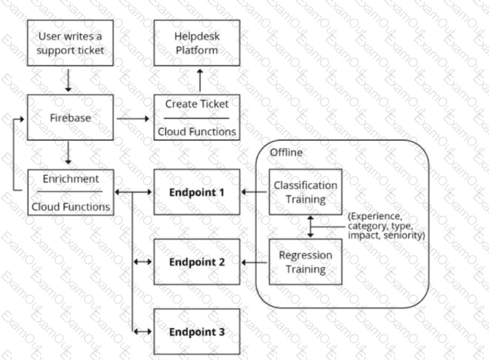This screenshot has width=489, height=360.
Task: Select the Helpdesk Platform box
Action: [196, 43]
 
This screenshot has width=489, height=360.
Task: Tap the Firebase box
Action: [71, 118]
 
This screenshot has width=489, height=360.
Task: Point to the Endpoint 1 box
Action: [196, 192]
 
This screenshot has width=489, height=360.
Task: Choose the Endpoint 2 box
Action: [196, 262]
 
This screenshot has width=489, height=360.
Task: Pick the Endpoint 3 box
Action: [196, 332]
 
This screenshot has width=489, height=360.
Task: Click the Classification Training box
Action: [305, 192]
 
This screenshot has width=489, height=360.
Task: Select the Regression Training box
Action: [305, 262]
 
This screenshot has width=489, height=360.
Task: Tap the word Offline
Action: [286, 152]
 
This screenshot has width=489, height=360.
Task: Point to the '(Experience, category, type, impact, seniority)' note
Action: [385, 225]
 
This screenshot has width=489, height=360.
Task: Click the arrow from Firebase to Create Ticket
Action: [134, 119]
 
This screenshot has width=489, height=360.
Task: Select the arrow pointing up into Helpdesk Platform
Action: [200, 80]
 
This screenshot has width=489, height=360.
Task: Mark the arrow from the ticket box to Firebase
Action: [68, 79]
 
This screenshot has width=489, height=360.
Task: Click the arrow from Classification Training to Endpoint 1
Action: [255, 192]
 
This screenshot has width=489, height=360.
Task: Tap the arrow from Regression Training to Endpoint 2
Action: [255, 262]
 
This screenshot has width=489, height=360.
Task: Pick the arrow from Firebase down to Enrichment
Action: [68, 155]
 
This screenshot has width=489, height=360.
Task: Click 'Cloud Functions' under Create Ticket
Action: [196, 131]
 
